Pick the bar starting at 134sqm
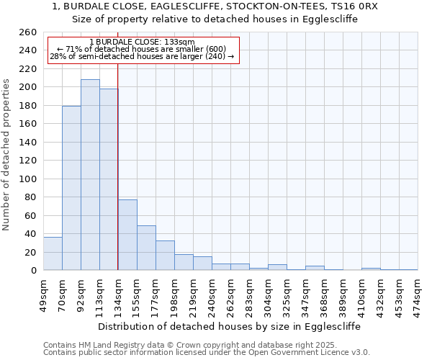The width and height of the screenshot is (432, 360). tap(127, 235)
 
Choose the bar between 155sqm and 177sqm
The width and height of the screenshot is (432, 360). tap(146, 248)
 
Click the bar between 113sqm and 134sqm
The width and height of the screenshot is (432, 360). tap(109, 179)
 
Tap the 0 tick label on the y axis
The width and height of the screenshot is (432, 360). tap(33, 271)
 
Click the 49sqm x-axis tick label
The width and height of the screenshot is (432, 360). tap(43, 294)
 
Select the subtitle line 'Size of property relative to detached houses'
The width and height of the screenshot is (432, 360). tap(215, 19)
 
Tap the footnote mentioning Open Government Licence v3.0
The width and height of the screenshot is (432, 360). tap(207, 353)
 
